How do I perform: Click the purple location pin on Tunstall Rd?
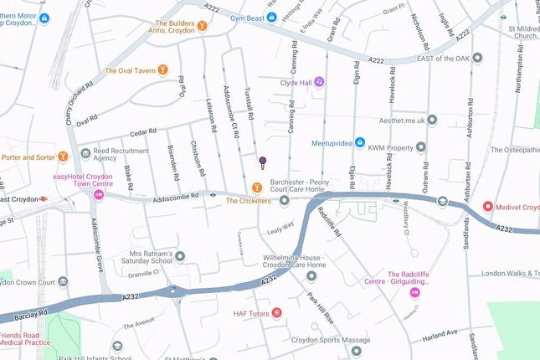262,162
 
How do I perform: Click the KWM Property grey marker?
421,147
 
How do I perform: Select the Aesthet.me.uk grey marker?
433,120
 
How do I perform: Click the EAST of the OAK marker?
477,58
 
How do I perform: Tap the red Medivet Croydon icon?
488,207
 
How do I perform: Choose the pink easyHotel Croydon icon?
99,194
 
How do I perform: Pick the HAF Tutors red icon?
277,313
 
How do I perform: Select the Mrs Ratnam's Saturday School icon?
180,255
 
